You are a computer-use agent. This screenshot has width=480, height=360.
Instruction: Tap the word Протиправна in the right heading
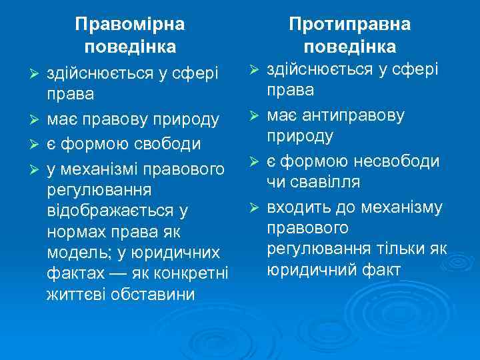pos(349,25)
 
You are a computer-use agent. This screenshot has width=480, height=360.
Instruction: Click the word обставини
pos(151,294)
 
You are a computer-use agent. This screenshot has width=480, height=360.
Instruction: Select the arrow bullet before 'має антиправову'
pos(253,116)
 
